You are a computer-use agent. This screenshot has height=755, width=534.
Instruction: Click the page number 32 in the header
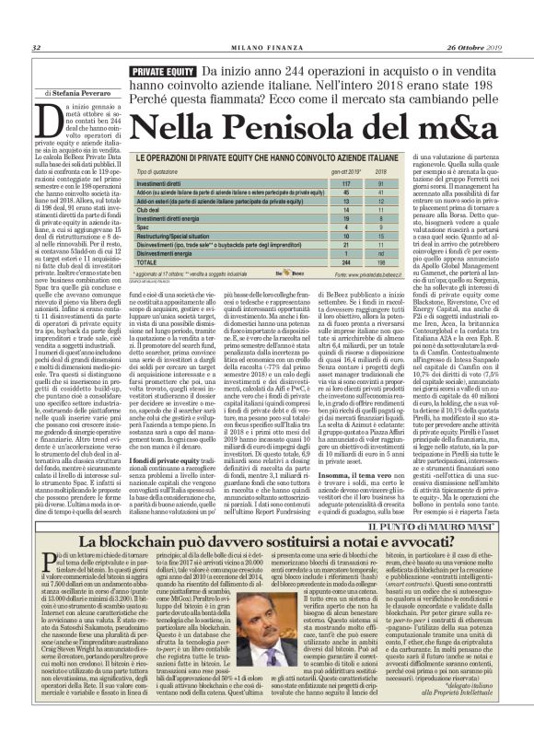pos(36,48)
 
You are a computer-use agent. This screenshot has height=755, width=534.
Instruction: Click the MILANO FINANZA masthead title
pos(264,48)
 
